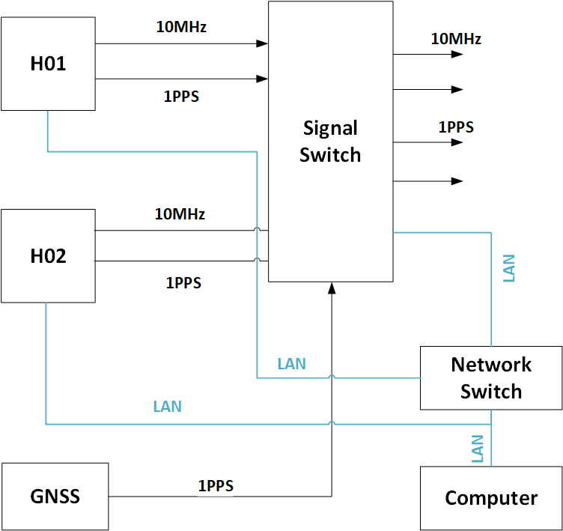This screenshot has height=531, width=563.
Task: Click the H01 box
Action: click(x=48, y=64)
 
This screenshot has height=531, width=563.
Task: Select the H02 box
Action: click(x=48, y=256)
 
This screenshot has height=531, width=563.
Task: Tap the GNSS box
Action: click(x=55, y=497)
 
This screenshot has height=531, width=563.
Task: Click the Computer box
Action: click(x=490, y=498)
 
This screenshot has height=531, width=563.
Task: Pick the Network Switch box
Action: click(x=490, y=377)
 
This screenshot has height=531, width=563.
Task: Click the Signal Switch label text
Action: click(x=330, y=142)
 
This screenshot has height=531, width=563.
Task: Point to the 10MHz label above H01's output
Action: click(x=181, y=27)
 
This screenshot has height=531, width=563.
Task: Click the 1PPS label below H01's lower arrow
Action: click(x=181, y=97)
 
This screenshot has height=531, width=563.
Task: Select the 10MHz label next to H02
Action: click(x=180, y=214)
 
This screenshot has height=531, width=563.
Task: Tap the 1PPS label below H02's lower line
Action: click(x=183, y=283)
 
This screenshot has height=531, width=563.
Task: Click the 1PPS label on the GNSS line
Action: click(x=216, y=486)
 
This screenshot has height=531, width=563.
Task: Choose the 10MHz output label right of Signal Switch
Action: click(x=455, y=38)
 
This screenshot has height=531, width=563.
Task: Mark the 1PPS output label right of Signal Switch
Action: click(x=456, y=127)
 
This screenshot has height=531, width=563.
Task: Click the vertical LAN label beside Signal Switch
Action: click(x=509, y=268)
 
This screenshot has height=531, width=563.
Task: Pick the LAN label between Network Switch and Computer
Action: click(x=478, y=448)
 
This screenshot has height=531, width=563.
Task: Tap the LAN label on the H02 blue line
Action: click(x=167, y=407)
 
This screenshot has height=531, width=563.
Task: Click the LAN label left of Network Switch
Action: click(x=291, y=364)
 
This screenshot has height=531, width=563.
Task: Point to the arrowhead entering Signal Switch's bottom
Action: click(x=330, y=288)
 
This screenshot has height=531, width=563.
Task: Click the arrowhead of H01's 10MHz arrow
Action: click(x=262, y=43)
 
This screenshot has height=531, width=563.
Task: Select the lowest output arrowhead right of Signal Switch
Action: click(x=457, y=181)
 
